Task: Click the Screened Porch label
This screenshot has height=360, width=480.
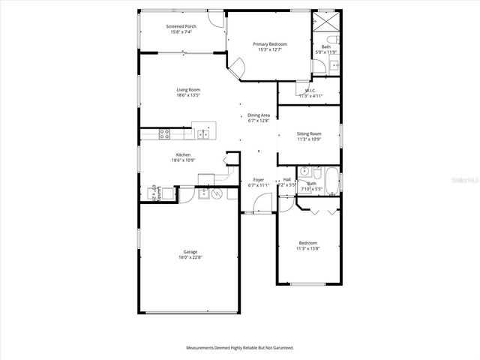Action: pos(181,26)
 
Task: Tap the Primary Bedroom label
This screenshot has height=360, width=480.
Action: pos(269,44)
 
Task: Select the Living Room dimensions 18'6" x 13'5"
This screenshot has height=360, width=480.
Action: pos(188,95)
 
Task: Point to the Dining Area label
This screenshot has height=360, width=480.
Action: pos(258,115)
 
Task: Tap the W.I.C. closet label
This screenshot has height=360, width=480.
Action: pos(310,91)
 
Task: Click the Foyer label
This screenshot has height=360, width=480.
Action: pos(258,180)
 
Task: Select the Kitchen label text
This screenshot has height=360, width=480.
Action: pos(172,155)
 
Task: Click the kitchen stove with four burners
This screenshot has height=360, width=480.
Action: pos(166,134)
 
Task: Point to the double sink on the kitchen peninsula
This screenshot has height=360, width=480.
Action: pos(202,134)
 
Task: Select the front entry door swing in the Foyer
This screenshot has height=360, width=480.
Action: pos(262,203)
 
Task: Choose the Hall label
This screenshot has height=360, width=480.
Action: pos(287,180)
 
